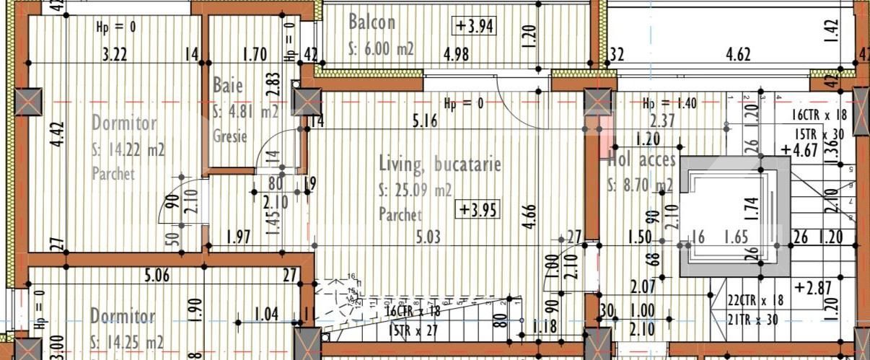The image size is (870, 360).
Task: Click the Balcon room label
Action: pyautogui.click(x=372, y=22)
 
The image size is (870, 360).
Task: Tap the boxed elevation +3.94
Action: pyautogui.click(x=474, y=26)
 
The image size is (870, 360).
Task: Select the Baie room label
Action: pyautogui.click(x=228, y=85)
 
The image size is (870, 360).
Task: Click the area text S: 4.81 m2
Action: pyautogui.click(x=245, y=112)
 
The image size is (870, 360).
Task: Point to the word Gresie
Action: pyautogui.click(x=231, y=136)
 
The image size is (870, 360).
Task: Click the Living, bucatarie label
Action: pyautogui.click(x=439, y=164)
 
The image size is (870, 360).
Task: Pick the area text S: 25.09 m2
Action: pyautogui.click(x=416, y=190)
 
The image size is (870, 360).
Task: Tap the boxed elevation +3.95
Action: pyautogui.click(x=478, y=210)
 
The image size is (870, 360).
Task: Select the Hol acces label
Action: pyautogui.click(x=641, y=159)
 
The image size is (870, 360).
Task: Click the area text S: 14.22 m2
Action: pyautogui.click(x=128, y=151)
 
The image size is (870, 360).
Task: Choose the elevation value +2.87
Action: pyautogui.click(x=809, y=287)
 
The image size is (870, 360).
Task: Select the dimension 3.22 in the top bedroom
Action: pyautogui.click(x=115, y=53)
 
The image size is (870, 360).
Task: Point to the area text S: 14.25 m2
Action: pyautogui.click(x=127, y=341)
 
